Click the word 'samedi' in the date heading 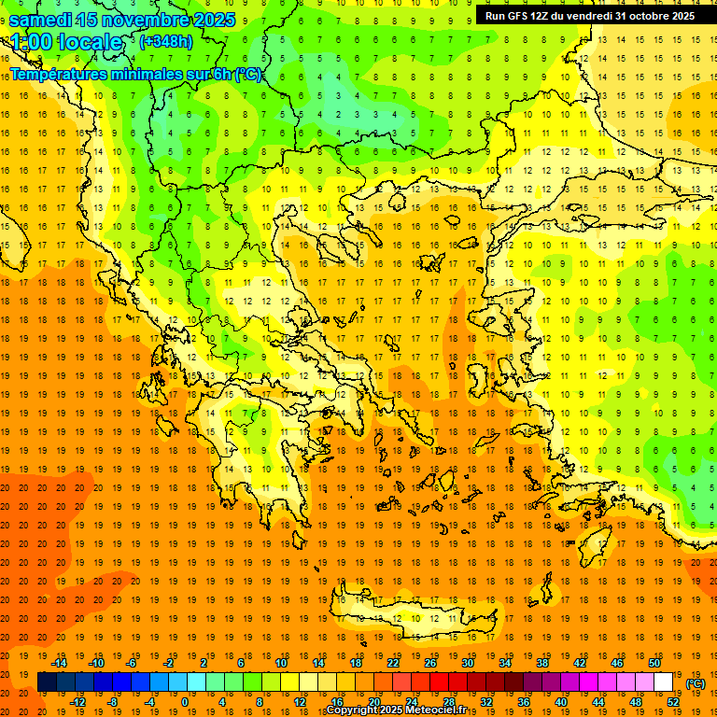click(41, 20)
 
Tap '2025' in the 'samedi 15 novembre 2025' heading click(214, 20)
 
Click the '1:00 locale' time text click(66, 42)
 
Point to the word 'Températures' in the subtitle click(56, 74)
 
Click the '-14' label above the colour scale click(59, 663)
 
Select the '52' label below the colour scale click(673, 702)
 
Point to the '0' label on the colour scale click(185, 702)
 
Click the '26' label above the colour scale click(430, 663)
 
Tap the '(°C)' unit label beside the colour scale click(696, 683)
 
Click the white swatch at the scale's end click(663, 682)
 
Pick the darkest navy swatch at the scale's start click(47, 682)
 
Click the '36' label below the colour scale click(523, 702)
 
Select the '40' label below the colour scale click(560, 702)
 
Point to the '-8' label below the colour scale click(112, 702)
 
